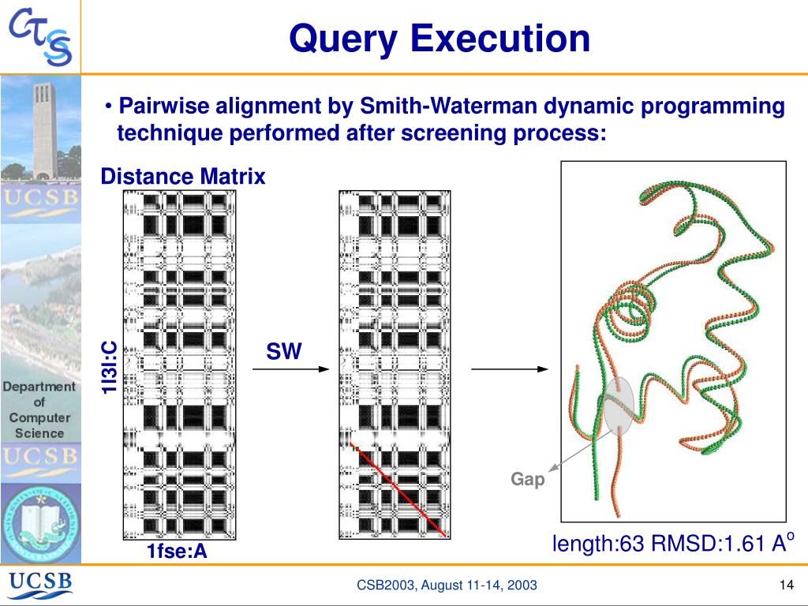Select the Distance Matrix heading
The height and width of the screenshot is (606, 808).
[x=183, y=177]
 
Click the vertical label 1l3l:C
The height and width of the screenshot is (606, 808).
[x=109, y=367]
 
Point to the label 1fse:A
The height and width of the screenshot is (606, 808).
[x=177, y=552]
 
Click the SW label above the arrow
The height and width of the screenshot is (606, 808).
[x=284, y=352]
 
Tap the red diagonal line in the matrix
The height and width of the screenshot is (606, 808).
[x=398, y=489]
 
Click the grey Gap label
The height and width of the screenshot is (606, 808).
[x=528, y=479]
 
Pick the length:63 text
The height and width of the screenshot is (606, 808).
[x=598, y=544]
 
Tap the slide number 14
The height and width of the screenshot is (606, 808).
[x=784, y=585]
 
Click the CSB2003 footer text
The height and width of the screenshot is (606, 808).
[x=447, y=585]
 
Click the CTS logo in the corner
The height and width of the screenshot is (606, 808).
[x=41, y=38]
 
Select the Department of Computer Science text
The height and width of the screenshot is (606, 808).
[x=39, y=410]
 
